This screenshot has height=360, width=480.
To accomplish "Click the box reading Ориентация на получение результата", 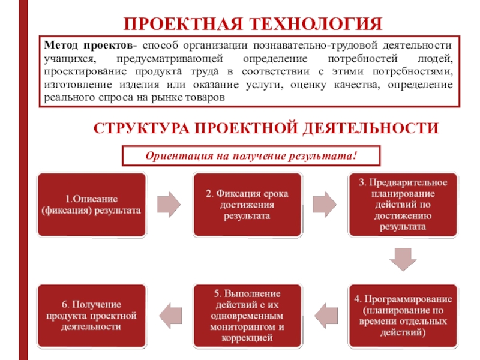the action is (251, 156).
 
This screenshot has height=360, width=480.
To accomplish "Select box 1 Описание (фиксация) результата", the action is (91, 205).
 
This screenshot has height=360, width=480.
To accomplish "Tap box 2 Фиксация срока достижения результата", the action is (247, 205).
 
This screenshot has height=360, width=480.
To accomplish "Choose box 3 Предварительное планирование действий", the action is (402, 205).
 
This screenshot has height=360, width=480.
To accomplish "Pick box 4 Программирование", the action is (402, 315).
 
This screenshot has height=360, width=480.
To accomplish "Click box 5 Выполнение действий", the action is (247, 315).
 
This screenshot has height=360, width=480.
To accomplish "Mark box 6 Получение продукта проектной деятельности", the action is (91, 315).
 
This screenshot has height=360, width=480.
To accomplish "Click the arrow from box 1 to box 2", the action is (168, 205).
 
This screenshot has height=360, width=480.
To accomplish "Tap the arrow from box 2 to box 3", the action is (325, 205).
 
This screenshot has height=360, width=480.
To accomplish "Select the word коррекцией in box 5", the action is (246, 338).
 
